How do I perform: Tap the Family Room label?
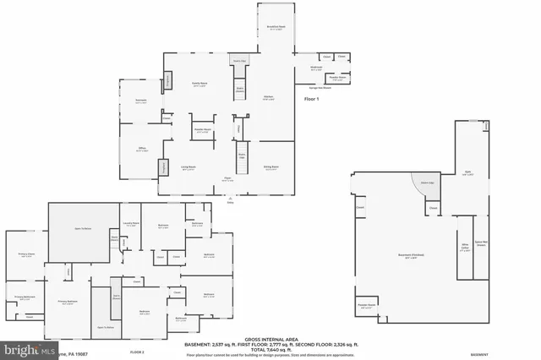click(199, 85)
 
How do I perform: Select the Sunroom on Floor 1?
click(141, 101)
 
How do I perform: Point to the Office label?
click(143, 150)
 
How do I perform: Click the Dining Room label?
click(271, 168)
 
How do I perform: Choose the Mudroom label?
click(316, 68)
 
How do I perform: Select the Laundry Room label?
click(130, 224)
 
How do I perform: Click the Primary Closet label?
click(26, 254)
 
